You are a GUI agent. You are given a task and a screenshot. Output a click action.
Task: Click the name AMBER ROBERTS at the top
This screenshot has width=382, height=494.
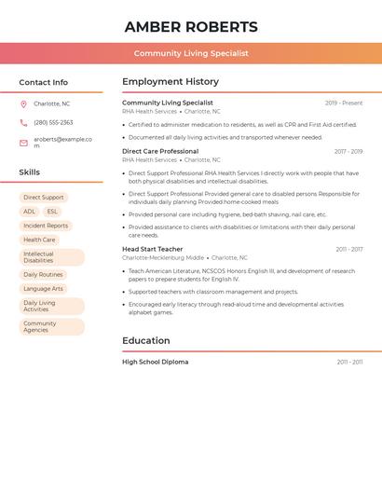pyautogui.click(x=191, y=27)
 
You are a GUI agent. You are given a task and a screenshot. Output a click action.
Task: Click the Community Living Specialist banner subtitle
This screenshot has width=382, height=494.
pyautogui.click(x=191, y=53)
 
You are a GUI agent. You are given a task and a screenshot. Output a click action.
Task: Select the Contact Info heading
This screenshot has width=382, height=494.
pyautogui.click(x=44, y=82)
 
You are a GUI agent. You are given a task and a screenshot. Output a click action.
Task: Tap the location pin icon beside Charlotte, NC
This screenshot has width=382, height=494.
pyautogui.click(x=23, y=103)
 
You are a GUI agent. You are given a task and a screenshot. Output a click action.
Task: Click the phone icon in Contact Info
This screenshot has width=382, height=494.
pyautogui.click(x=23, y=122)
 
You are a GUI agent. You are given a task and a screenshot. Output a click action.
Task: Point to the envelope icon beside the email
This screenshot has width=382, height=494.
pyautogui.click(x=23, y=143)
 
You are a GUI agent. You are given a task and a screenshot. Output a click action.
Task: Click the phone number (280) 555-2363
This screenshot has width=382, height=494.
pyautogui.click(x=53, y=122)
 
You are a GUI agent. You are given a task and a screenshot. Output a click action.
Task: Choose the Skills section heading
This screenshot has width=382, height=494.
pyautogui.click(x=30, y=172)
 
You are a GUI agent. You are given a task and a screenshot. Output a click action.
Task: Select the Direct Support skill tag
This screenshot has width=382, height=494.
pyautogui.click(x=44, y=198)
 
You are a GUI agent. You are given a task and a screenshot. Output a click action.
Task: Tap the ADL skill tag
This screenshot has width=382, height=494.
pyautogui.click(x=30, y=212)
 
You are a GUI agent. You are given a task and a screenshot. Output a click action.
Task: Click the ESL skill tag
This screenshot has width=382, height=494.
pyautogui.click(x=52, y=212)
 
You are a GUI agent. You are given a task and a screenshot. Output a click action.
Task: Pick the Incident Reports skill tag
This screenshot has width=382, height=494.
pyautogui.click(x=46, y=226)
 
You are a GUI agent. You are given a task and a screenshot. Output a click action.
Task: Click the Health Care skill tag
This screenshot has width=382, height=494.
pyautogui.click(x=39, y=240)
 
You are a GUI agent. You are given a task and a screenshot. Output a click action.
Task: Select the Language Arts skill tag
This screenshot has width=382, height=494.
pyautogui.click(x=44, y=289)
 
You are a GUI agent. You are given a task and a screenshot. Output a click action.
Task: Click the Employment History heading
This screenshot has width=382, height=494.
pyautogui.click(x=171, y=82)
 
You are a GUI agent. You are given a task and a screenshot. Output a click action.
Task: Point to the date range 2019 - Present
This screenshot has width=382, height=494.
pyautogui.click(x=344, y=103)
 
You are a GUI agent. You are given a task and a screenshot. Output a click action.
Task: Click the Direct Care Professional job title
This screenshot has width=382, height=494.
pyautogui.click(x=160, y=151)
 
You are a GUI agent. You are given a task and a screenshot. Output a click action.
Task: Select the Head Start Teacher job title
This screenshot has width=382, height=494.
pyautogui.click(x=153, y=249)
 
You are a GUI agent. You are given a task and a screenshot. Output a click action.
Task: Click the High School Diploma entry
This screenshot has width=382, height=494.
pyautogui.click(x=156, y=362)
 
